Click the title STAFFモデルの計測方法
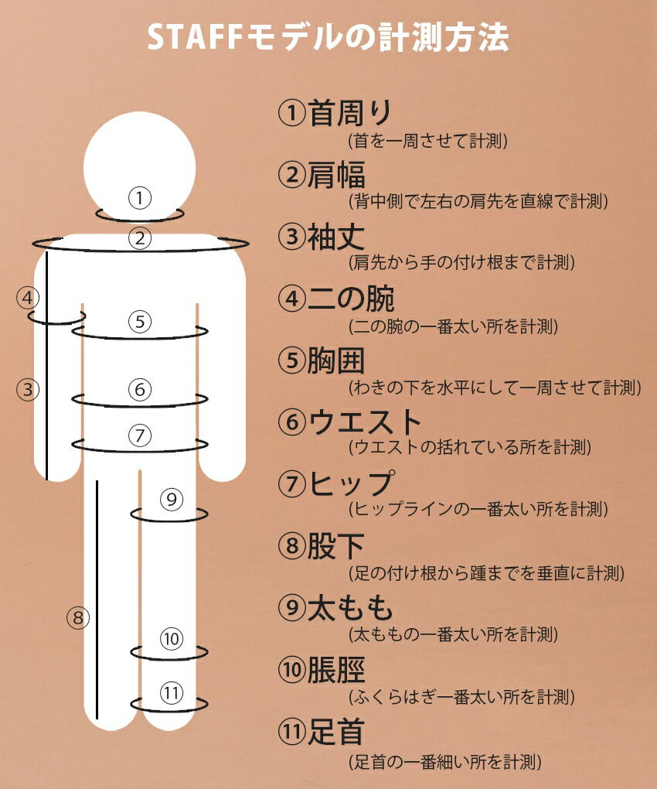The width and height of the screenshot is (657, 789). point(328,38)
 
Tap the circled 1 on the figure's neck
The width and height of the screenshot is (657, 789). point(140,198)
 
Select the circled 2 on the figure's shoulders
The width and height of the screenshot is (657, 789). point(140,238)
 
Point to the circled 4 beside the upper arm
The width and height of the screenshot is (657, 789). point(28,297)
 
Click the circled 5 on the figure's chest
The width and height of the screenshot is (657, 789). point(140,322)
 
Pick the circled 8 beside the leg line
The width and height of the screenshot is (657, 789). point(78,617)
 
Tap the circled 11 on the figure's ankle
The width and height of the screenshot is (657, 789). point(172,693)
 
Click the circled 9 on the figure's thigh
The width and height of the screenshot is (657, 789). point(172,499)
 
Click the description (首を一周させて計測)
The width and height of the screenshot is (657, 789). point(427,140)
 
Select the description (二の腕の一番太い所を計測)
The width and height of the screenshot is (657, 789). point(454,326)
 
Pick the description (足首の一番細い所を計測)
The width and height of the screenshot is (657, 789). point(445,762)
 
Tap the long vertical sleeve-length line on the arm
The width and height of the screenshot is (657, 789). point(46,366)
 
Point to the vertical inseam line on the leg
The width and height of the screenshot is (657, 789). point(97,599)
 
